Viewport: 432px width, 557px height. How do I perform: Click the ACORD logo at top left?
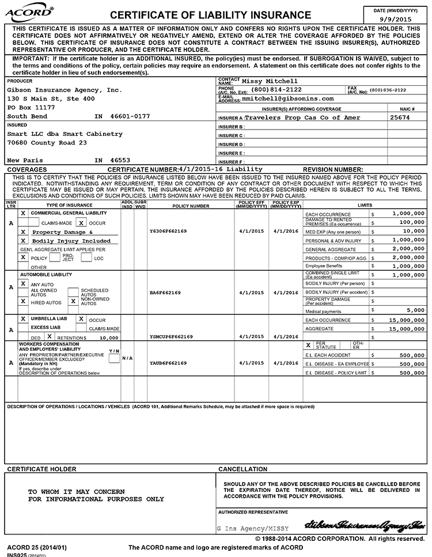30,12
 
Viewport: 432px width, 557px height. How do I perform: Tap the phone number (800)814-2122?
276,90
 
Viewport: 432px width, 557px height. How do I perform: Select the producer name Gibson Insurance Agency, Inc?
65,90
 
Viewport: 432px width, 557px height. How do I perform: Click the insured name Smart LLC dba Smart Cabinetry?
65,134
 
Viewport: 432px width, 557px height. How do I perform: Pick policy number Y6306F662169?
168,231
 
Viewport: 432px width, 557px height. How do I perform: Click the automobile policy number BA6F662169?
165,293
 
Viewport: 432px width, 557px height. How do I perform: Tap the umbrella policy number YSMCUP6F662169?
171,337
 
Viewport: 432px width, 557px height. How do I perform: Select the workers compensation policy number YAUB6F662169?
168,363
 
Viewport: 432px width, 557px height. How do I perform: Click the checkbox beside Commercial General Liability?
23,213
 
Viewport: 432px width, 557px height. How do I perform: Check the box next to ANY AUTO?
23,284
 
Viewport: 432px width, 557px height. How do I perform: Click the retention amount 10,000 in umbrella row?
108,338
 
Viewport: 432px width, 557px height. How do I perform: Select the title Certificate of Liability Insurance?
210,14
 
